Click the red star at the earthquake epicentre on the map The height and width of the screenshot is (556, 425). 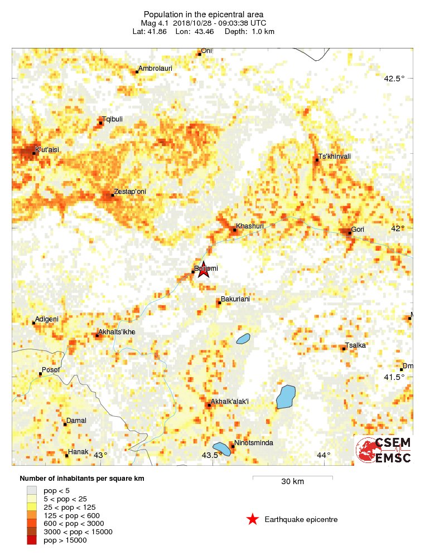[203, 270]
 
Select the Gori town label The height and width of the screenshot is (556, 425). [358, 229]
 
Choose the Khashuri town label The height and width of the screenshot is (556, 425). [249, 226]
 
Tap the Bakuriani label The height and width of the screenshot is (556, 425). [235, 299]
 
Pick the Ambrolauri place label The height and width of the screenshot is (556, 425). [154, 69]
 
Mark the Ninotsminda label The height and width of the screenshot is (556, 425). [254, 443]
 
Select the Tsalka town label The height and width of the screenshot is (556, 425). [355, 345]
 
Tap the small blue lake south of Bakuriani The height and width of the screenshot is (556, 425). [243, 339]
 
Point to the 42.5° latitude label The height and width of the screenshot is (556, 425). [394, 79]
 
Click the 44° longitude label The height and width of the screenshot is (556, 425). [323, 455]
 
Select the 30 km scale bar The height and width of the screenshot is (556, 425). [292, 477]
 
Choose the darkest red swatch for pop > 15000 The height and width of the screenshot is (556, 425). [31, 540]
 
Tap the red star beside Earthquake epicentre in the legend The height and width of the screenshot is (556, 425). [253, 520]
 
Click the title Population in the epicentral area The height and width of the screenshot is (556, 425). [204, 14]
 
